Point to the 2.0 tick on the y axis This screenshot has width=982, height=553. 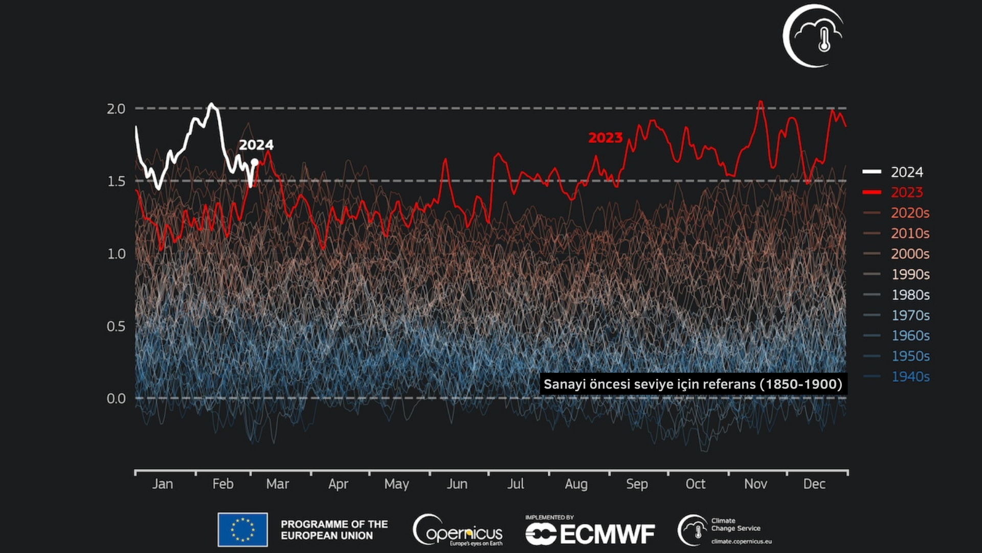[116, 109]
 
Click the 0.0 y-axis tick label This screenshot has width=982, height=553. [116, 398]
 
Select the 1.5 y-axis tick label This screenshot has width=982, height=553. [116, 181]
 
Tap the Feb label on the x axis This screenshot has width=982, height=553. [223, 484]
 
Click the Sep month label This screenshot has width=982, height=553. [637, 484]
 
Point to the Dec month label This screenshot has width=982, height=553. [814, 484]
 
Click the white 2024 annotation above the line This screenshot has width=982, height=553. [256, 145]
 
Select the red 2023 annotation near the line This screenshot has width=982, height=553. [605, 138]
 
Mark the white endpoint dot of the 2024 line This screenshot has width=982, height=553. [255, 162]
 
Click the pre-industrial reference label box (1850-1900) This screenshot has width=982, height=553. [693, 384]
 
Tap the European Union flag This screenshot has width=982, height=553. [242, 529]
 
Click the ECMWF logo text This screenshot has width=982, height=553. [591, 534]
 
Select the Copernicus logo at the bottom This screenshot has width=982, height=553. [458, 530]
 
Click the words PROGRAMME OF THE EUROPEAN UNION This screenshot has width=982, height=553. [334, 530]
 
